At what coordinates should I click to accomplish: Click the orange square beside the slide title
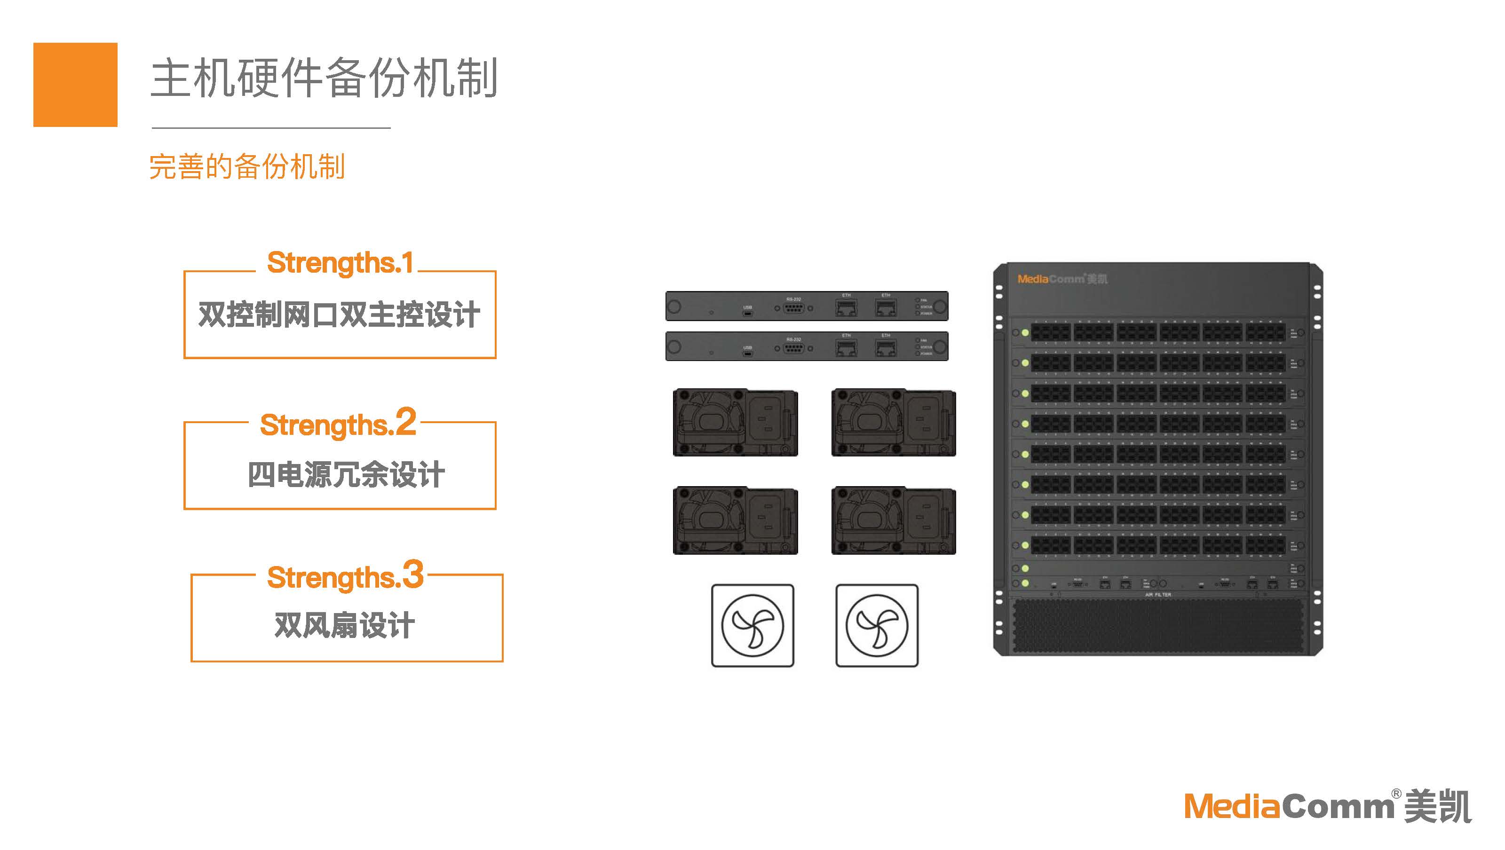pos(75,85)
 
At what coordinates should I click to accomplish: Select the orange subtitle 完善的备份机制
pos(247,166)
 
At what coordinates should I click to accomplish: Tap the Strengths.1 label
pos(340,263)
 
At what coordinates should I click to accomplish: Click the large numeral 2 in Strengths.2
pos(405,422)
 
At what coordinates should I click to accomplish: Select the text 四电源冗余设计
pos(346,474)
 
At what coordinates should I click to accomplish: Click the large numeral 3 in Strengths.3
pos(413,574)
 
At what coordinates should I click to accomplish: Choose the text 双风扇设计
pos(345,626)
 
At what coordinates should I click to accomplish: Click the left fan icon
pos(752,626)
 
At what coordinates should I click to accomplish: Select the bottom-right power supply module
pos(893,521)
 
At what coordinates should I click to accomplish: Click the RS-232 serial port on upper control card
pos(793,308)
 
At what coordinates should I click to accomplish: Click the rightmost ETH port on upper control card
pos(886,307)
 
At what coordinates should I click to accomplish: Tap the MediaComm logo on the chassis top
pos(1061,279)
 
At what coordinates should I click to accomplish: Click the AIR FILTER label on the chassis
pos(1158,595)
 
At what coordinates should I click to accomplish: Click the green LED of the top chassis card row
pos(1025,332)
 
